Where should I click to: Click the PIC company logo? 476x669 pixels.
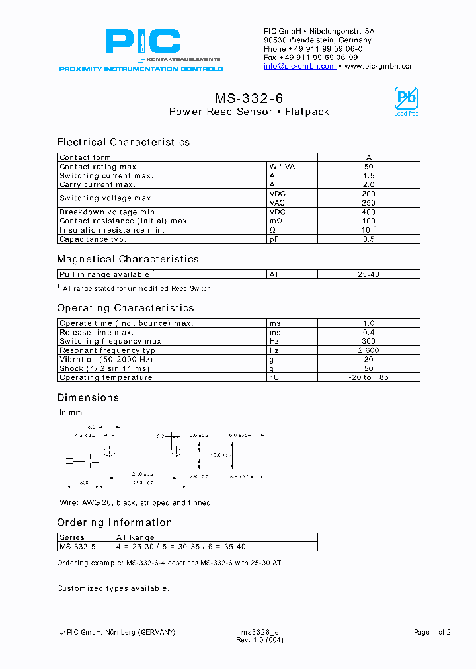coord(143,42)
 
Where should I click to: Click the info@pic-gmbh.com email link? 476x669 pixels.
coord(299,67)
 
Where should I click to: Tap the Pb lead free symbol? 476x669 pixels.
coord(406,100)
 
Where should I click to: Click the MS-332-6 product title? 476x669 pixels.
coord(249,98)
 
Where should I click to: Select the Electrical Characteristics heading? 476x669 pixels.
coord(123,142)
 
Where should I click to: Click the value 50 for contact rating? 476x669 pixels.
coord(369,167)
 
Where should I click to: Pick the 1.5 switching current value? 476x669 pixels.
coord(369,176)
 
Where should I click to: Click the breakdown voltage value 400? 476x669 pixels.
coord(369,212)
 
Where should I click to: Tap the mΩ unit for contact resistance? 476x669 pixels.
coord(276,221)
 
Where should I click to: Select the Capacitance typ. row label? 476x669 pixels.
coord(93,239)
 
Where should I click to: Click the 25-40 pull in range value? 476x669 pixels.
coord(368,274)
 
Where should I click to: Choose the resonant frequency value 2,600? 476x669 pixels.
coord(369,350)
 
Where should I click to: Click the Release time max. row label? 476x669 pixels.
coord(97,333)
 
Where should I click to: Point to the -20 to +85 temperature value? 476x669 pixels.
coord(369,377)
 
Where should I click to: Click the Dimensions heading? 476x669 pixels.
coord(88,397)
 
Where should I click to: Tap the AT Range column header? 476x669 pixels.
coord(136,538)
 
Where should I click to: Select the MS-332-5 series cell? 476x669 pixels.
coord(77,547)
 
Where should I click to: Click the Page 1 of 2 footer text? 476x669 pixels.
coord(432,633)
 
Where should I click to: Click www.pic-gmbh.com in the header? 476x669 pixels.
coord(380,67)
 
